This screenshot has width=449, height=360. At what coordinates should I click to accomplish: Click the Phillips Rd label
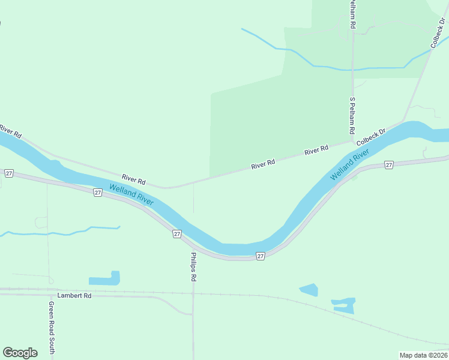tap(193, 267)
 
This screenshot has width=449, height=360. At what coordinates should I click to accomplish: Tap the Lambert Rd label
tap(74, 296)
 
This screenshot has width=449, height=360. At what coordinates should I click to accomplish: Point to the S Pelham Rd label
tap(353, 116)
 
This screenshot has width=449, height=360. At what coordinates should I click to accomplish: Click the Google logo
tap(20, 353)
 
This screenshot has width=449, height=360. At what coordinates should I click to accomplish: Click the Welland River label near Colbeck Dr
tap(349, 167)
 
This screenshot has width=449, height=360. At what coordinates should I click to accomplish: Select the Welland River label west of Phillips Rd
tap(131, 195)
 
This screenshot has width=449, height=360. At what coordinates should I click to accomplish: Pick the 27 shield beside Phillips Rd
tap(177, 233)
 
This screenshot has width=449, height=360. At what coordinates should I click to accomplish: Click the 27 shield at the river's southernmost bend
tap(261, 256)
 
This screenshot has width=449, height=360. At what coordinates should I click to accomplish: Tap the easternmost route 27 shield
tap(389, 164)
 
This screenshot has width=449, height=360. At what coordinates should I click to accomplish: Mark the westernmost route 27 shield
tap(8, 173)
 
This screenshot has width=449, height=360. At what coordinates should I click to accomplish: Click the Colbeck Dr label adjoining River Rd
tap(370, 138)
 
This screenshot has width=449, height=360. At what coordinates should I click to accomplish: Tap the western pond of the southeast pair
tap(309, 290)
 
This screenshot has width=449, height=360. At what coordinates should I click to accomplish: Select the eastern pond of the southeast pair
tap(343, 305)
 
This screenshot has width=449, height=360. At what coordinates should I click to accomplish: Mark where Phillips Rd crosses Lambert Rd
tap(193, 293)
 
